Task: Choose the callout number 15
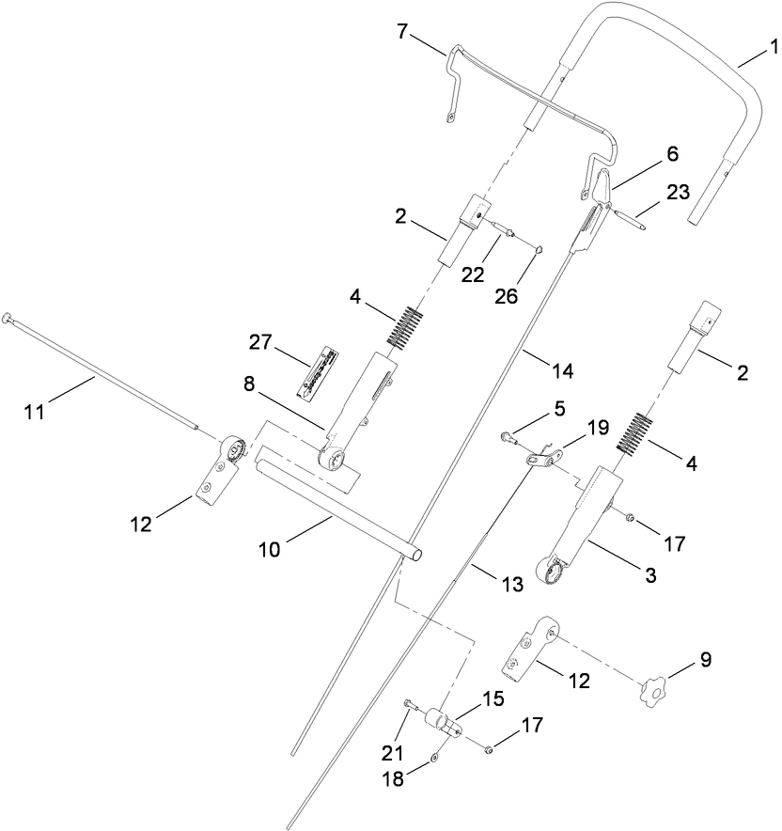[493, 698]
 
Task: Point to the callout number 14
[560, 370]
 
